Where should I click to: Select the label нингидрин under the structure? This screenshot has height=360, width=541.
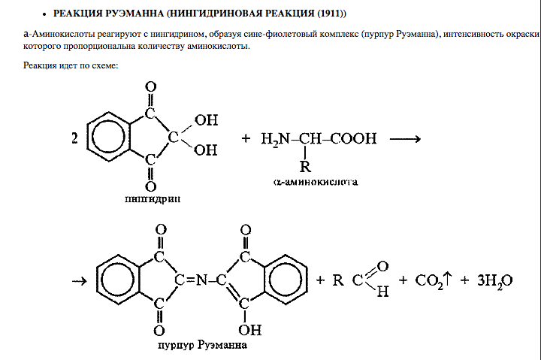click(x=153, y=199)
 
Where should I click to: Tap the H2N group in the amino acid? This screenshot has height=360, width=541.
click(x=275, y=139)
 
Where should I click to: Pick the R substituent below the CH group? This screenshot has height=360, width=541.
click(x=305, y=166)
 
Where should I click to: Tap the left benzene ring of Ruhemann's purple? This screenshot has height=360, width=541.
click(x=121, y=280)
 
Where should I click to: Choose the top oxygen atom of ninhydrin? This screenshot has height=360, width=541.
click(x=151, y=89)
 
